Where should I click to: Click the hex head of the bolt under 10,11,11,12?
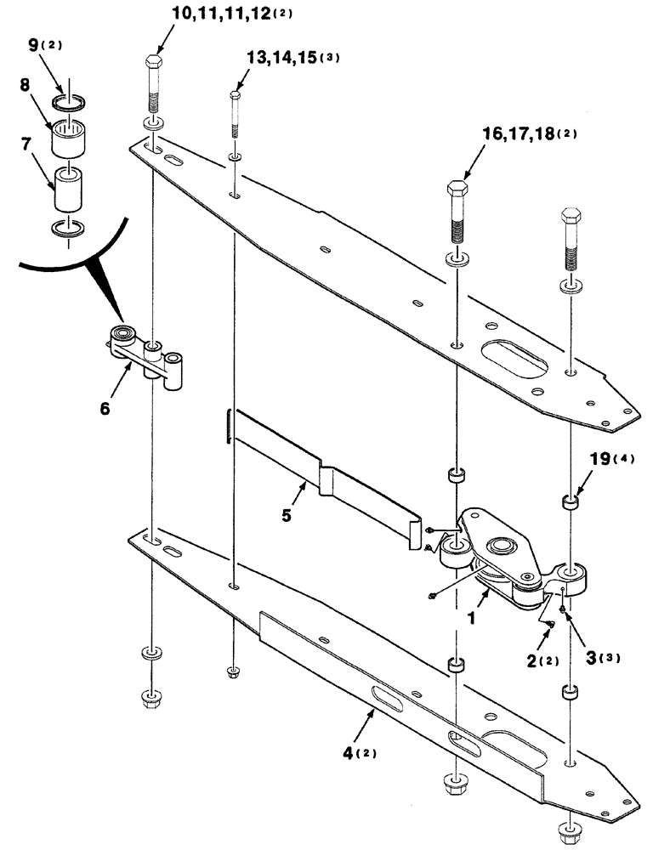coord(155,65)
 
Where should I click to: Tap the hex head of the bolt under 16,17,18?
coord(457,190)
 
